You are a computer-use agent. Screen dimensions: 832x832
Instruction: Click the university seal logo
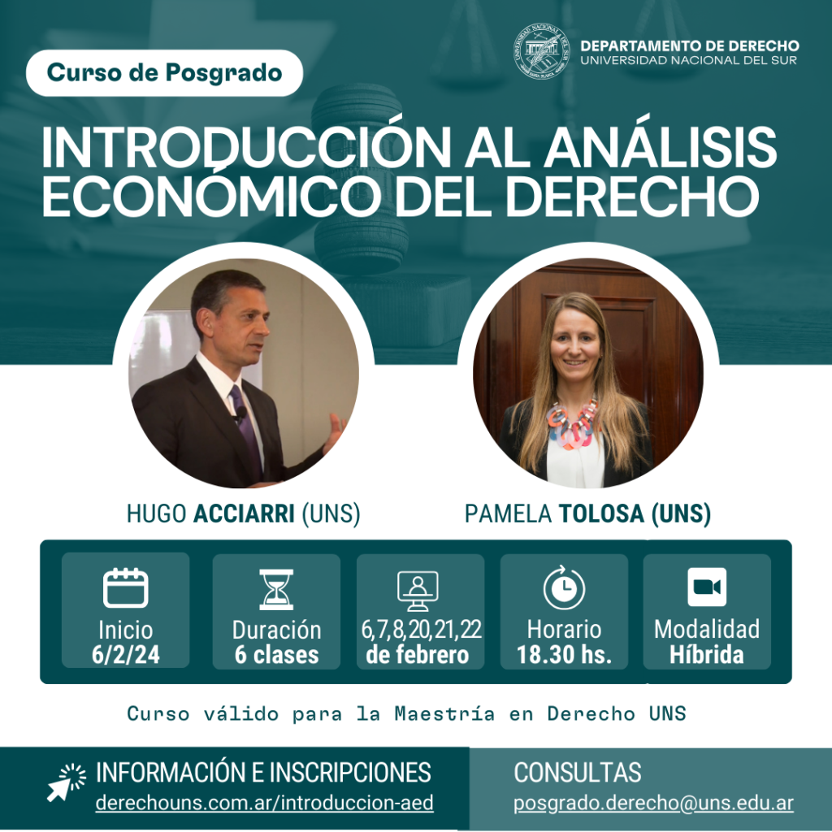[542, 51]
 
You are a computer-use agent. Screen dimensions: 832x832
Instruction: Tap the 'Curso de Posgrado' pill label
[164, 73]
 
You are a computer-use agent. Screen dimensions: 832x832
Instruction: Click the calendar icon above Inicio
[125, 587]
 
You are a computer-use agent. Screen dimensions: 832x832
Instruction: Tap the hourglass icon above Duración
[276, 589]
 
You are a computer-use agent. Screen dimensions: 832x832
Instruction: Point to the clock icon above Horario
[564, 587]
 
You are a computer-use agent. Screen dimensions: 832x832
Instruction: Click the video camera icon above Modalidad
[707, 587]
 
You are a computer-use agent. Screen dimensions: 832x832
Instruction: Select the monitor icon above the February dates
[418, 591]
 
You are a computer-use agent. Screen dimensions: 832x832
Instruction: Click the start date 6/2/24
[126, 655]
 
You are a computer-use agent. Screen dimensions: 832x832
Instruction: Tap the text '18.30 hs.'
[564, 655]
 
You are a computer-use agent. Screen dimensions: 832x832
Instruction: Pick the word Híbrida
[707, 655]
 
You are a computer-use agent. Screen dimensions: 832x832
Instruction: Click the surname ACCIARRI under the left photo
[244, 513]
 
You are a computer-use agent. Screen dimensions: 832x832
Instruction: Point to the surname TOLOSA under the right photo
[601, 513]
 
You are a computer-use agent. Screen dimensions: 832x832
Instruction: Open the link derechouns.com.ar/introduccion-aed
[264, 803]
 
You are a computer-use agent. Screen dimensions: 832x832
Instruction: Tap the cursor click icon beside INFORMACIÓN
[67, 782]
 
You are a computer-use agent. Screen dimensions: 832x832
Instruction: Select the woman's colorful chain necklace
[573, 424]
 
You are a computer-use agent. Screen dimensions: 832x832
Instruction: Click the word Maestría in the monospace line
[444, 713]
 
